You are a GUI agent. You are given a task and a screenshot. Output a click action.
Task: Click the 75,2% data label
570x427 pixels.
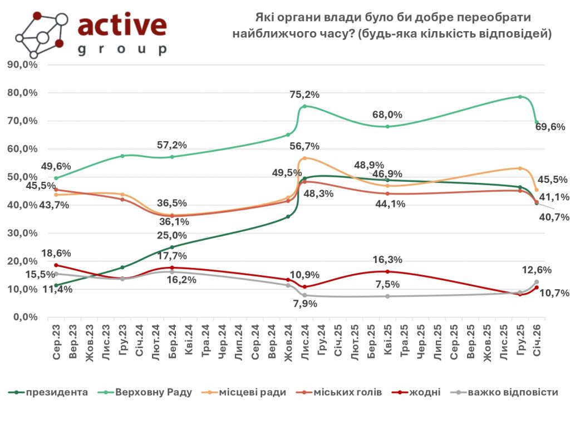pos(304,95)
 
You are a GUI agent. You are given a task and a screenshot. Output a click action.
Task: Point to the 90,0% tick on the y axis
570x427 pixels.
pos(22,64)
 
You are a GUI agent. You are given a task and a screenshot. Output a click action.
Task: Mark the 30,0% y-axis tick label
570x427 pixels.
pos(22,234)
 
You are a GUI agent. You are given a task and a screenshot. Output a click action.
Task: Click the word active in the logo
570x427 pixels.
pos(122,25)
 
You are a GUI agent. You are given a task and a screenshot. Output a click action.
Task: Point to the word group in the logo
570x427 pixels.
pos(122,49)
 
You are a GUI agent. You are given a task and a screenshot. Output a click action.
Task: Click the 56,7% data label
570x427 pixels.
pos(304,146)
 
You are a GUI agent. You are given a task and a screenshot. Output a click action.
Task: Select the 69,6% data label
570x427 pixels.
pos(551,127)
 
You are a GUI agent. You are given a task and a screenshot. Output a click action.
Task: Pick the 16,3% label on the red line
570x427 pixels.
pos(387,260)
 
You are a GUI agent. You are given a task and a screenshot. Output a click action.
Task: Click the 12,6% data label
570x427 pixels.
pos(537,270)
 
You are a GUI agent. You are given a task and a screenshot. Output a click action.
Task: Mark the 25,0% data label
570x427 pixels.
pos(172,236)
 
